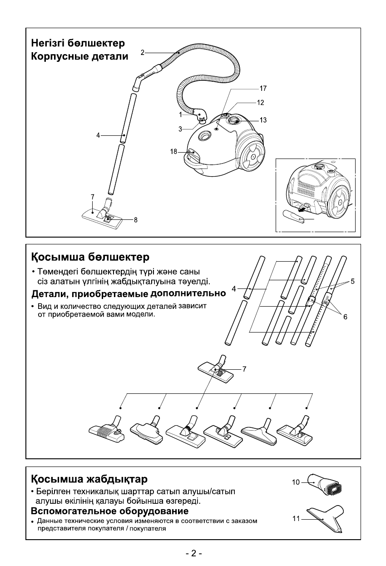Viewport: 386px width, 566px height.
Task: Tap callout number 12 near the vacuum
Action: [260, 103]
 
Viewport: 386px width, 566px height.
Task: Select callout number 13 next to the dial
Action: [263, 120]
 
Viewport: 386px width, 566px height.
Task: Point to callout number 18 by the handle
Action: [173, 152]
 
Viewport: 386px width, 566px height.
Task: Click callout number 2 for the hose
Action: [142, 53]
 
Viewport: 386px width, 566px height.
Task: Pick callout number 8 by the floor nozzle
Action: [135, 220]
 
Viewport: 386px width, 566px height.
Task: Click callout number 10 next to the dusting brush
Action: [296, 482]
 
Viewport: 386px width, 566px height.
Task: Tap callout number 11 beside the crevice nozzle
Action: [296, 518]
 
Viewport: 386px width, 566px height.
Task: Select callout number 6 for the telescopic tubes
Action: [345, 317]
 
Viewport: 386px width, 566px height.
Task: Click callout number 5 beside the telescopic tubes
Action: [352, 282]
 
